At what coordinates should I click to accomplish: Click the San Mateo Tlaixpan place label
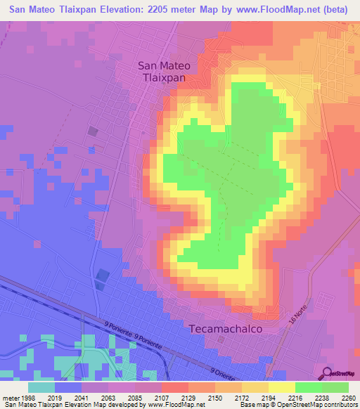pos(161,72)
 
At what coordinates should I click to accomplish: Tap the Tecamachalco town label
pos(226,328)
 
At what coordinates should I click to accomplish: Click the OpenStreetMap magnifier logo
pos(327,373)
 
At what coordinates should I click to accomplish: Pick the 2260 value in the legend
pos(349,397)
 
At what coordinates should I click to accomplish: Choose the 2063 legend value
pos(108,397)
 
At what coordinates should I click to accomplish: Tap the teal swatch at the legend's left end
pos(41,387)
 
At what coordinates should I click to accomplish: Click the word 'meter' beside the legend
pos(10,397)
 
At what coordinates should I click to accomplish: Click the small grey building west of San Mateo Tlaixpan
pos(93,131)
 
